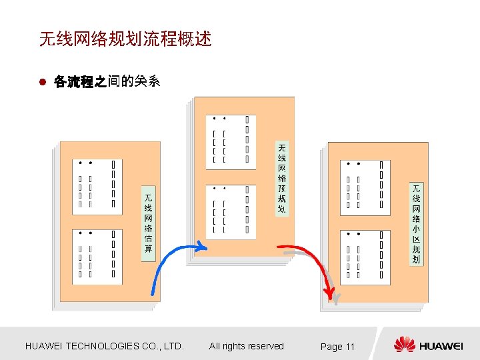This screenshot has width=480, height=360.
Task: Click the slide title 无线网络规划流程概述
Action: pos(125,40)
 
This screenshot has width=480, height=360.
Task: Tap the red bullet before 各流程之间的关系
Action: pos(41,83)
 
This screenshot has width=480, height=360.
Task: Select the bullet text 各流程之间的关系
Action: pos(107,82)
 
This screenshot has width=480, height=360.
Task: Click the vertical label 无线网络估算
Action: pos(148,223)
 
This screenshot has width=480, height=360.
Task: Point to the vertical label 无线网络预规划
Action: pos(282,178)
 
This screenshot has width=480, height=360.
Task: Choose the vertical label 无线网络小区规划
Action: pos(416,223)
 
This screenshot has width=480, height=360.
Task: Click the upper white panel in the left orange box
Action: pos(97,186)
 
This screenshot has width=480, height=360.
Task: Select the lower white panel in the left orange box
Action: pos(97,256)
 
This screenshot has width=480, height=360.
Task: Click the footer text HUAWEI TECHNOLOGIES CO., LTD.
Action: pos(104,346)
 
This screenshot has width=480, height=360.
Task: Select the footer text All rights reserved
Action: pos(246,346)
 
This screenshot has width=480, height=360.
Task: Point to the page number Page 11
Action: pos(337,347)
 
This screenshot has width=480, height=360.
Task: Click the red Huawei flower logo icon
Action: pos(404,345)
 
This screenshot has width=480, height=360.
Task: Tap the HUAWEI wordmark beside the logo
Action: pos(441,346)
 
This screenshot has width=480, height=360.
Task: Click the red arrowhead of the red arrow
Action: pos(329,293)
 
